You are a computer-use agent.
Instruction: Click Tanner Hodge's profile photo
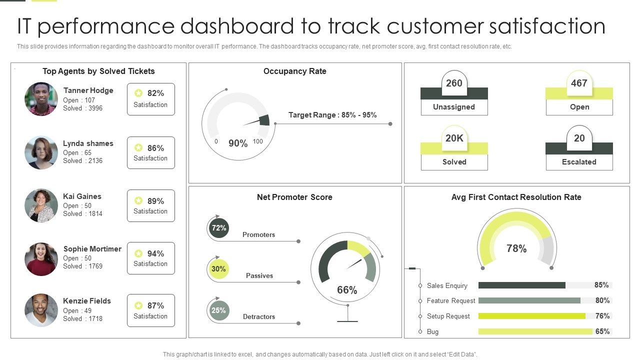pos(41,99)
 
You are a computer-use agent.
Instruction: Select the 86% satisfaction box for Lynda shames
pos(150,152)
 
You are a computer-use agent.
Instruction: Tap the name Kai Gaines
pos(82,196)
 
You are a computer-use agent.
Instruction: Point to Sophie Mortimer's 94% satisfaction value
pos(155,253)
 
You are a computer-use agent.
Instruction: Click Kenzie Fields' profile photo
pos(41,310)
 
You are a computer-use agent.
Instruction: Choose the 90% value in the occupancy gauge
pos(238,143)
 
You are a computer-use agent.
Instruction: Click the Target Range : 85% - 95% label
pos(332,115)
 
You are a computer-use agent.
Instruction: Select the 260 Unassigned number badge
pos(454,83)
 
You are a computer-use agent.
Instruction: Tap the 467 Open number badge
pos(579,83)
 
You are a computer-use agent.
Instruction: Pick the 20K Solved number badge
pos(454,138)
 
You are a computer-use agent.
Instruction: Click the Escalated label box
pos(579,162)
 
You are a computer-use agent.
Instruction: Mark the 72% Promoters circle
pos(218,228)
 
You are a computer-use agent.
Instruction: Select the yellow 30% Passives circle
pos(218,269)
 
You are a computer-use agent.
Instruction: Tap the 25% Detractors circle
pos(218,310)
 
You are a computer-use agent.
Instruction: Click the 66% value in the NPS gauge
pos(347,290)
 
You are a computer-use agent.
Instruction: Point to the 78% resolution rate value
pos(516,248)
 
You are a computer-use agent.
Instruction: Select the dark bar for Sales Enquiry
pos(521,285)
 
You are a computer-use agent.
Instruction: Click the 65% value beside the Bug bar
pos(602,331)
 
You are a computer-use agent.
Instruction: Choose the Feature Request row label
pos(451,301)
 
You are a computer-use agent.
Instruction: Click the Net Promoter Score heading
pos(294,197)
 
